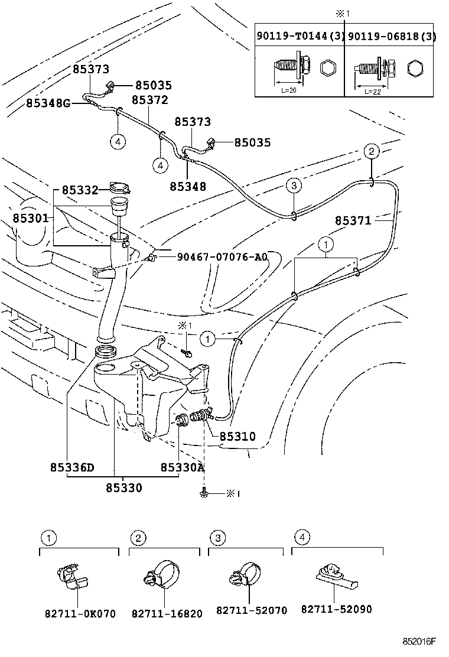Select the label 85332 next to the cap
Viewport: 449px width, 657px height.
pyautogui.click(x=80, y=191)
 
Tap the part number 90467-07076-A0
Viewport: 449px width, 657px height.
pyautogui.click(x=221, y=258)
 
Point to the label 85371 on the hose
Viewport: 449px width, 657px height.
pyautogui.click(x=353, y=221)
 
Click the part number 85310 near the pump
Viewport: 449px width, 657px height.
pyautogui.click(x=237, y=437)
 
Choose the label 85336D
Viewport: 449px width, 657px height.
pyautogui.click(x=72, y=468)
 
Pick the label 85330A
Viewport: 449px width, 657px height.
pyautogui.click(x=182, y=468)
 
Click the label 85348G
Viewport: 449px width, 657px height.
pyautogui.click(x=48, y=103)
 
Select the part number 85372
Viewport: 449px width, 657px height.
pyautogui.click(x=149, y=100)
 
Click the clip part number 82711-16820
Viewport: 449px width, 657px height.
pyautogui.click(x=165, y=614)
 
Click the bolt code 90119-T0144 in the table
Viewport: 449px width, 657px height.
pyautogui.click(x=294, y=37)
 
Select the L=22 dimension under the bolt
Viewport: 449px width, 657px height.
pyautogui.click(x=372, y=91)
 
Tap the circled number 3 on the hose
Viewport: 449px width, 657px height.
pyautogui.click(x=294, y=186)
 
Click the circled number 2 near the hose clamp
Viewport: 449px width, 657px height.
pyautogui.click(x=371, y=151)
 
